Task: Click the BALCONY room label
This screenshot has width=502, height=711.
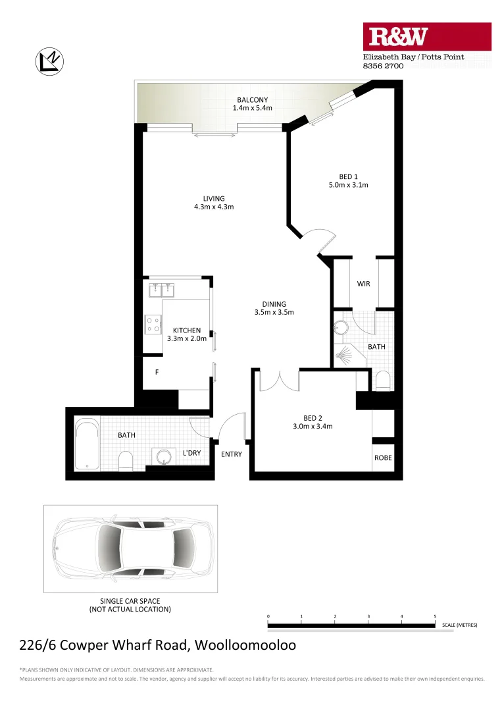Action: (253, 101)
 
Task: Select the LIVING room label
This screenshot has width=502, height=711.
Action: (214, 198)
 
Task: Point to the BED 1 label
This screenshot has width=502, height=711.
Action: (348, 176)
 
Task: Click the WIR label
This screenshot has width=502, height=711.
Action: (363, 284)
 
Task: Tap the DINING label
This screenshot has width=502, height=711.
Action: (273, 304)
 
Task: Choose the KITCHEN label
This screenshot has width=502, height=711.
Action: (187, 330)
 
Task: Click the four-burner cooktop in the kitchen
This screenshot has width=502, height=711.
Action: (153, 324)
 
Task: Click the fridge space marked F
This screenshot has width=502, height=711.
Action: (157, 373)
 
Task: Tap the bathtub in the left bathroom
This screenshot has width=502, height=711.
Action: (86, 445)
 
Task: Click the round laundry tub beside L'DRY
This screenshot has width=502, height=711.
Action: (161, 456)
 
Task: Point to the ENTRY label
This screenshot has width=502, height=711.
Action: (231, 454)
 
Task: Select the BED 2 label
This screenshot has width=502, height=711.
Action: (313, 418)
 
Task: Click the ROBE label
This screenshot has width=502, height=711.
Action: (383, 458)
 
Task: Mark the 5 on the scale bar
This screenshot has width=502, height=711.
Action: (435, 616)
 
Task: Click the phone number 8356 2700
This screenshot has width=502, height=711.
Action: (382, 66)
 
